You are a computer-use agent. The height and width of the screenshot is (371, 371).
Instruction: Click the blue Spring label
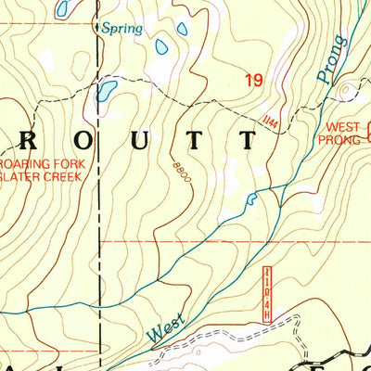[122, 29]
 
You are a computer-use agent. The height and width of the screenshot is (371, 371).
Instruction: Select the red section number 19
[253, 82]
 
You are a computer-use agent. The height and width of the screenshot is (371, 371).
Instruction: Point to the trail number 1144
[270, 120]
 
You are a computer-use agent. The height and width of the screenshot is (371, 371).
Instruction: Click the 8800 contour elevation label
[178, 172]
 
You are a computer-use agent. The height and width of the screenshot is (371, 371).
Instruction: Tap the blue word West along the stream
[167, 325]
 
